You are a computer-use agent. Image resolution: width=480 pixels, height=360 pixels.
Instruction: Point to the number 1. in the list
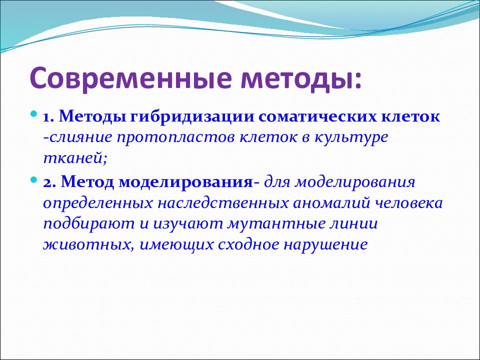[x=48, y=117]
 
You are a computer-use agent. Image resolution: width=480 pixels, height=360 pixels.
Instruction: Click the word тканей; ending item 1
[x=75, y=158]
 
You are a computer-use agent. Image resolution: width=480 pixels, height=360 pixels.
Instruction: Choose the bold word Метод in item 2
[x=87, y=182]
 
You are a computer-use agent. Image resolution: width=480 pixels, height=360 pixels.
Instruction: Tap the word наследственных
[x=222, y=203]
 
